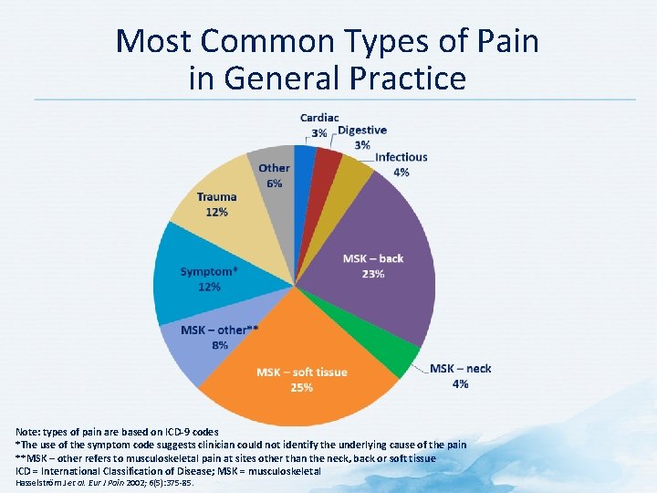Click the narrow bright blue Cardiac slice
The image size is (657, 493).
tap(302, 164)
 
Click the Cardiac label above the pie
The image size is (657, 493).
tap(319, 118)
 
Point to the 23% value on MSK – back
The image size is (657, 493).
tap(372, 274)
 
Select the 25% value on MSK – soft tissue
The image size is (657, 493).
tap(301, 387)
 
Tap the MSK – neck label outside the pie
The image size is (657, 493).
tap(460, 368)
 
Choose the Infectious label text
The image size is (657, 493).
tap(401, 157)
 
